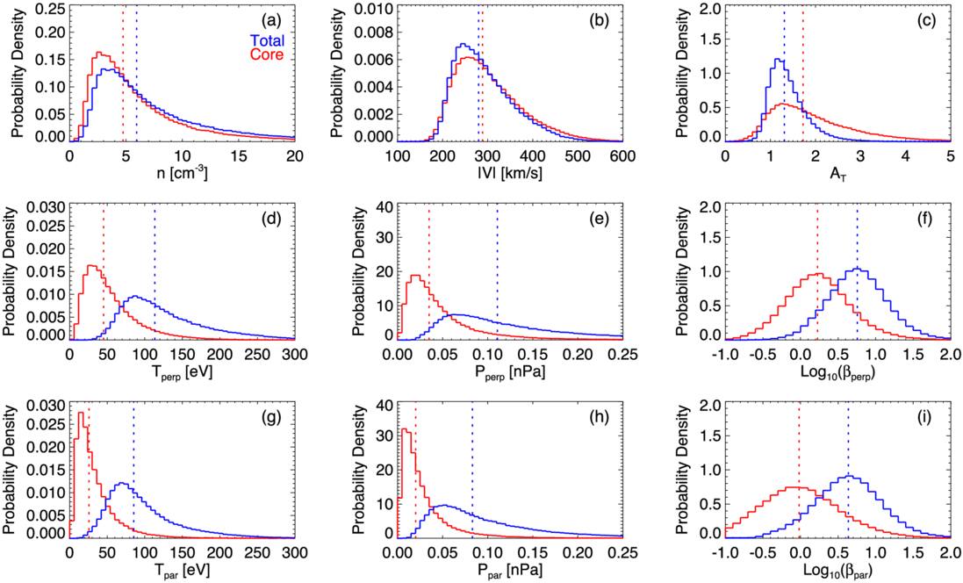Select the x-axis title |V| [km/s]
[509, 174]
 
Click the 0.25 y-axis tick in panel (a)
[48, 9]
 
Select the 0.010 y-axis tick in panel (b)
[370, 9]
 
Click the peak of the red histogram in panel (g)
[81, 413]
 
